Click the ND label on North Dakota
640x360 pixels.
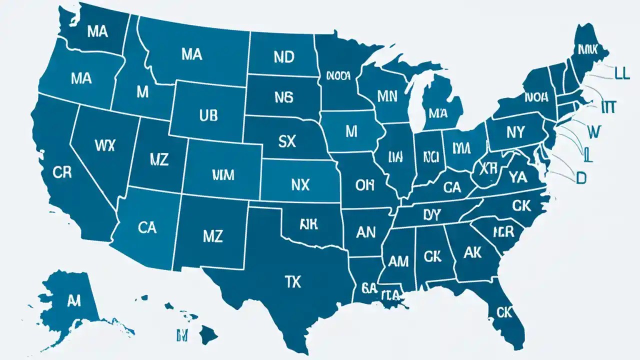tap(284, 56)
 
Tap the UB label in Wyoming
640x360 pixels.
tap(208, 116)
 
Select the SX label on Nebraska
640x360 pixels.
tap(286, 141)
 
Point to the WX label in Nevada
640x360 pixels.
tap(104, 145)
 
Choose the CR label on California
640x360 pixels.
tap(62, 172)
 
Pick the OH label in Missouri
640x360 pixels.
tap(364, 185)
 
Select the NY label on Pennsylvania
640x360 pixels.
tap(515, 132)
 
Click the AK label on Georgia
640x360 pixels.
tap(472, 253)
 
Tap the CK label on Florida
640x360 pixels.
tap(505, 312)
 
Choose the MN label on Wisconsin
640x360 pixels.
tap(387, 96)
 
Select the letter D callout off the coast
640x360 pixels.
tap(580, 178)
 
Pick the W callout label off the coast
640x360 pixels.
tap(593, 132)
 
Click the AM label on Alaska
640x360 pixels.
tap(73, 300)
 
